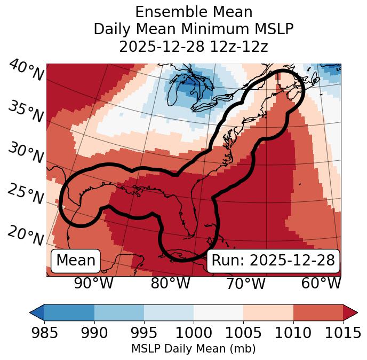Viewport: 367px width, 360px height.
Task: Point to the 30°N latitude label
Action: pos(26,153)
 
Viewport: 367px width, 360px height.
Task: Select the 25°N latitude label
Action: pos(26,194)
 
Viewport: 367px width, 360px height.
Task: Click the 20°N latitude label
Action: pos(26,235)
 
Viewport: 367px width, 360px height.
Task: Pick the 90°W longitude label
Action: pos(93,283)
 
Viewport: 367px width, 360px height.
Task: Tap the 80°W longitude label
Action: pos(170,283)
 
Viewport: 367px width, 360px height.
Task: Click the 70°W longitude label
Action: pos(245,283)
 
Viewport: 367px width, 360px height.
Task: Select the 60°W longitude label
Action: pos(321,283)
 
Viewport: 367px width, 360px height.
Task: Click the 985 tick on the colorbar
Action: pos(44,333)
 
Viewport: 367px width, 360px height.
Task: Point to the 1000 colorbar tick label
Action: pos(194,333)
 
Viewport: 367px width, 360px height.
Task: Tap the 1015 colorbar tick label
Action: pos(343,333)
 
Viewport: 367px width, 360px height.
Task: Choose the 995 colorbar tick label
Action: pos(144,333)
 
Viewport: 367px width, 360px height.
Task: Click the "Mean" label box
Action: pos(76,261)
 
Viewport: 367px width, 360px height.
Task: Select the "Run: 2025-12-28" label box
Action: pos(273,261)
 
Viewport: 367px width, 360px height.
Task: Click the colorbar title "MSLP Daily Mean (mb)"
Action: pos(194,349)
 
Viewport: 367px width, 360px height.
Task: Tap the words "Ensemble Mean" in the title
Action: pos(194,12)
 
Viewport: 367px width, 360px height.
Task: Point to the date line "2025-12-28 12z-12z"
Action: pos(194,46)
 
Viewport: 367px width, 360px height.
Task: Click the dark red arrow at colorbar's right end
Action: pos(350,312)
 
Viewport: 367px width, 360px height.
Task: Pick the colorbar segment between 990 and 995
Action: pos(119,312)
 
